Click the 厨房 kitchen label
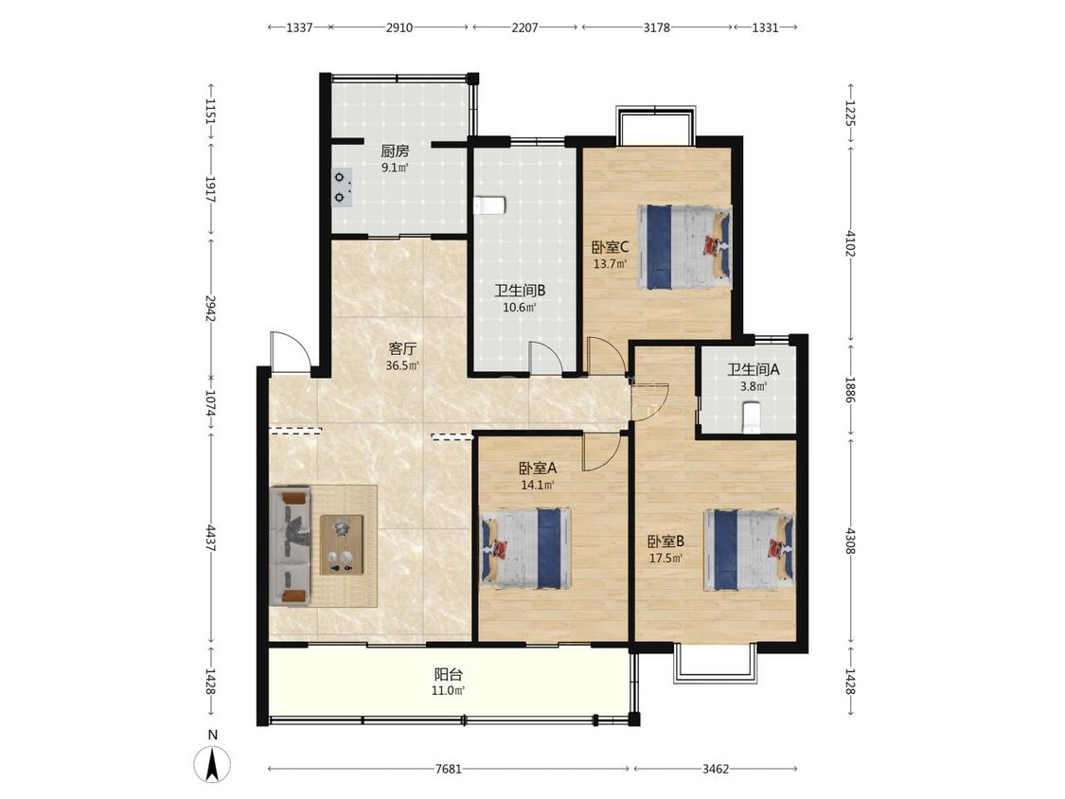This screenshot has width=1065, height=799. tap(395, 151)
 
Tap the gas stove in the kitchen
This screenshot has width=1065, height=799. tap(343, 186)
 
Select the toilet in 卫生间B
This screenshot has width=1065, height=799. tap(488, 205)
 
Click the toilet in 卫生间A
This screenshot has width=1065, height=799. tap(751, 417)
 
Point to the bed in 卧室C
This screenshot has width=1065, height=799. tap(684, 246)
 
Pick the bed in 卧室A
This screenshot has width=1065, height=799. tap(525, 547)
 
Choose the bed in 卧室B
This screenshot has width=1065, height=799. tap(749, 550)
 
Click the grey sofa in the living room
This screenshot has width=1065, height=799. tap(291, 545)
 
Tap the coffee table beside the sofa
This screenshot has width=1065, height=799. tap(342, 545)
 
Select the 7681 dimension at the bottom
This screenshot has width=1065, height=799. tap(449, 769)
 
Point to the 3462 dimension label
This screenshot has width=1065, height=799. tap(716, 769)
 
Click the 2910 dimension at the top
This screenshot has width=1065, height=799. tap(399, 27)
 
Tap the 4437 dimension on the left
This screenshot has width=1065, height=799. tap(210, 538)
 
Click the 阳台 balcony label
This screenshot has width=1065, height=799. tap(449, 675)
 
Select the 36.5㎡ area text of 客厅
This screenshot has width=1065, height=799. tap(402, 365)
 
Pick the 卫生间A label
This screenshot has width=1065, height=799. tap(754, 369)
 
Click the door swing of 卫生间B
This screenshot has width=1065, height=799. tap(544, 358)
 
